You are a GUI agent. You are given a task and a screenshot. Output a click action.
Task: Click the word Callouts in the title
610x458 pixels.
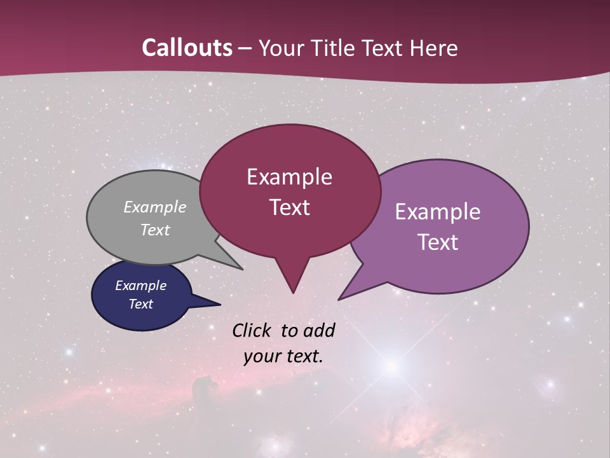pyautogui.click(x=187, y=48)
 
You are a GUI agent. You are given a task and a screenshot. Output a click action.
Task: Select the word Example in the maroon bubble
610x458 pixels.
pyautogui.click(x=289, y=177)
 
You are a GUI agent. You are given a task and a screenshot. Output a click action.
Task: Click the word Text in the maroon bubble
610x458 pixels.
pyautogui.click(x=289, y=207)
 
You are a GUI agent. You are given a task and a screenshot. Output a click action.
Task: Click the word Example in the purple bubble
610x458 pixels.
pyautogui.click(x=438, y=212)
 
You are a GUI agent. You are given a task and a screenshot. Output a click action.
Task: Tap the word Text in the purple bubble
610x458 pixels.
pyautogui.click(x=438, y=242)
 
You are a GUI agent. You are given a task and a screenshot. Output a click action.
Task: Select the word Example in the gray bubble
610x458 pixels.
pyautogui.click(x=154, y=207)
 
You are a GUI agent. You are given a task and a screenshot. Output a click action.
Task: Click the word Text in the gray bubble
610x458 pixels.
pyautogui.click(x=154, y=230)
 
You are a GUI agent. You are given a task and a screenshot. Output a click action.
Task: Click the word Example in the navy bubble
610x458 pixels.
pyautogui.click(x=140, y=286)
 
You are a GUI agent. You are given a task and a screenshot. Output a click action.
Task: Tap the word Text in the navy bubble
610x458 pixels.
pyautogui.click(x=140, y=304)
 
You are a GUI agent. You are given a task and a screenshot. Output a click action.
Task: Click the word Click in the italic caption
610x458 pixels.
pyautogui.click(x=252, y=330)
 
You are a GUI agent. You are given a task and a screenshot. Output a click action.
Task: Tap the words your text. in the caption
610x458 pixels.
pyautogui.click(x=283, y=356)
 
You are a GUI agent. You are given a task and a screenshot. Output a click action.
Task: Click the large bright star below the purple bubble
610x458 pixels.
pyautogui.click(x=393, y=366)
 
